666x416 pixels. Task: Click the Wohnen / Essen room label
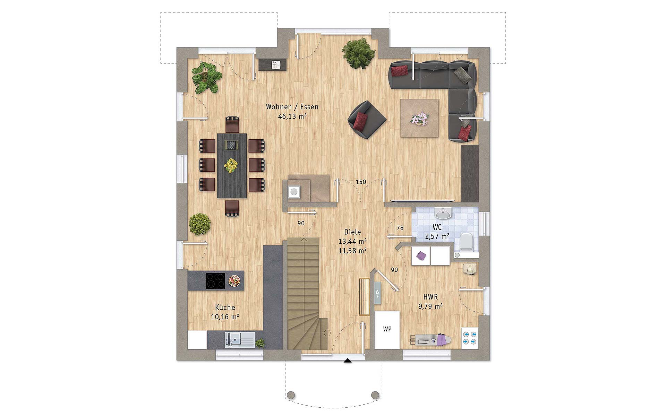coord(292,107)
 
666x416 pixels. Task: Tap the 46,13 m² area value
coord(292,116)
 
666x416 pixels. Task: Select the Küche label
coord(225,307)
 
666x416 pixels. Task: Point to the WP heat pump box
coord(387,329)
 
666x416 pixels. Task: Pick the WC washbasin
coord(443,213)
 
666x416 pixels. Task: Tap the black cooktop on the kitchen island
coord(215,281)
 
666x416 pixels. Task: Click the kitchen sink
coord(239,340)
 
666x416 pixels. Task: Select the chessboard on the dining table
coord(231,145)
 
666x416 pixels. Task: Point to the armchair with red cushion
coord(367,120)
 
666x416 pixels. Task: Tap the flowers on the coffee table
coord(419,119)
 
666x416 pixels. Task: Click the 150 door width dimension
coord(361,182)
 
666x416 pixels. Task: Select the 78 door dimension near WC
coord(400,228)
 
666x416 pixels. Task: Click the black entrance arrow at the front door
coord(347,361)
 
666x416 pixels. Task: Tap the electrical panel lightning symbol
coord(377,293)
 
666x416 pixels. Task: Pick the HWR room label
coord(430,297)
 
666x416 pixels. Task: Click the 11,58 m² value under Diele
coord(352,250)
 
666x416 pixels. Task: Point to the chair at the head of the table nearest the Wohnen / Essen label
coord(232,124)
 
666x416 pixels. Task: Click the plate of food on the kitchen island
coord(234,281)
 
